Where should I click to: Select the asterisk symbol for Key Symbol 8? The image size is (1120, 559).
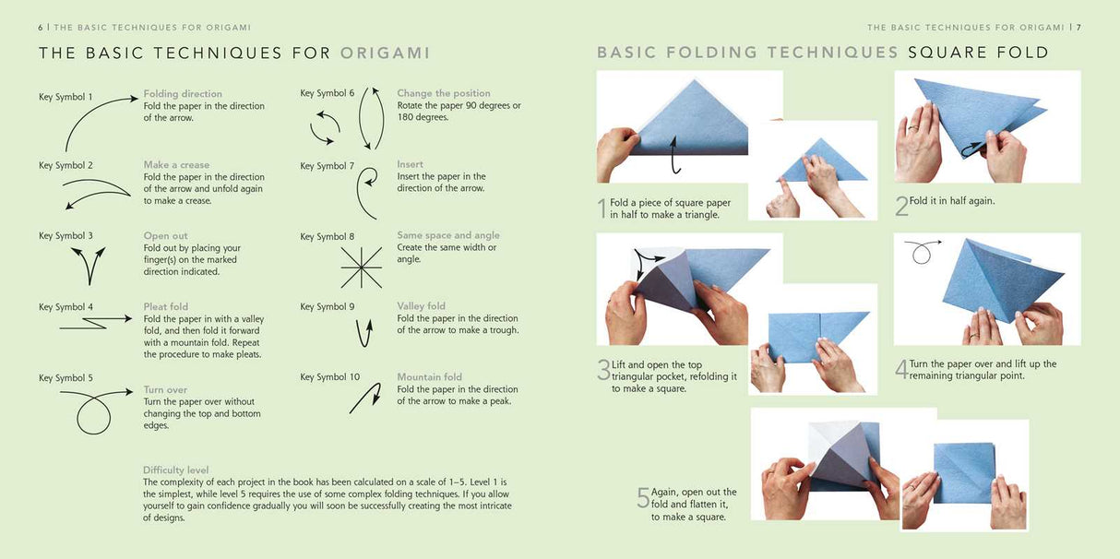click(x=361, y=268)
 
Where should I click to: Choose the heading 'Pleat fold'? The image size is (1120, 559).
click(x=166, y=306)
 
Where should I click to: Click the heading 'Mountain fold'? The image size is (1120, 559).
click(x=429, y=376)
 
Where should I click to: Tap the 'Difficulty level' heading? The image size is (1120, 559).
click(x=175, y=470)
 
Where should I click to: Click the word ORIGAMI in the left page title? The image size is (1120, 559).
click(x=385, y=53)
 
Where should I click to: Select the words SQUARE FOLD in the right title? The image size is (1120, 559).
click(x=978, y=53)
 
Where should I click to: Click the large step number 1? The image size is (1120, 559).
click(x=602, y=208)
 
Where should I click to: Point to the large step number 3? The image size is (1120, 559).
click(x=603, y=371)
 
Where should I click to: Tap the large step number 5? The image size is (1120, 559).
click(x=643, y=498)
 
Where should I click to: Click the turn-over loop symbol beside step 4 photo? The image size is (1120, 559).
click(x=920, y=251)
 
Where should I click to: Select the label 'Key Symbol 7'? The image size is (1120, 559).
click(x=327, y=166)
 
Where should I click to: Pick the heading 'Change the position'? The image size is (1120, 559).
click(x=444, y=93)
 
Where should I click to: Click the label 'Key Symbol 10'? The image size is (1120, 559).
click(x=329, y=377)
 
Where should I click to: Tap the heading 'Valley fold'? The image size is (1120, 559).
click(x=421, y=306)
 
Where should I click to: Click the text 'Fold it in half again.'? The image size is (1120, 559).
click(x=951, y=201)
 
